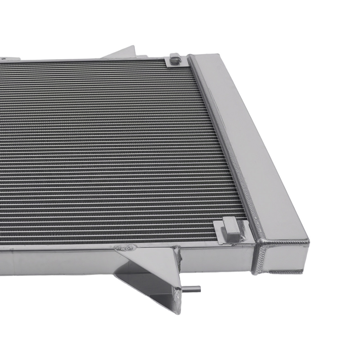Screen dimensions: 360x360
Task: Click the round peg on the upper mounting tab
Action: click(x=175, y=57)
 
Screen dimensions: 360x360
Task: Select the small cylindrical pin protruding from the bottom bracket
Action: click(x=194, y=288)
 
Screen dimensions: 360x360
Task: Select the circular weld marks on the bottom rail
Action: click(x=126, y=248)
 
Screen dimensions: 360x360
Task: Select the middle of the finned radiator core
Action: click(x=108, y=151)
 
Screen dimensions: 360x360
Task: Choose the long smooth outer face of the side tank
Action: click(x=252, y=144)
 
